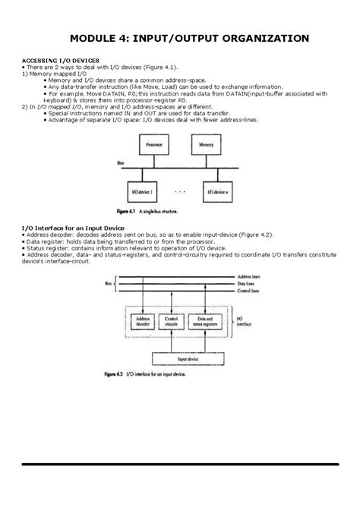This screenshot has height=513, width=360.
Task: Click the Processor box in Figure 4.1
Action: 150,143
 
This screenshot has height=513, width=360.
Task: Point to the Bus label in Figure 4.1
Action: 121,163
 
